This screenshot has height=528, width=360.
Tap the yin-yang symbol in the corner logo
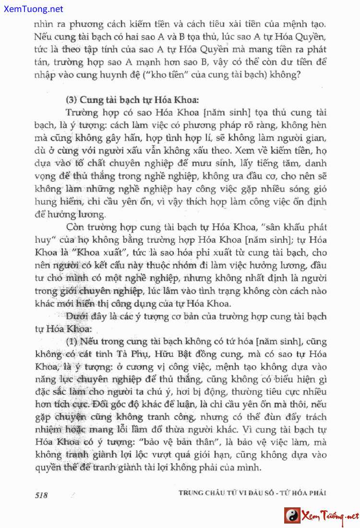click(291, 516)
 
